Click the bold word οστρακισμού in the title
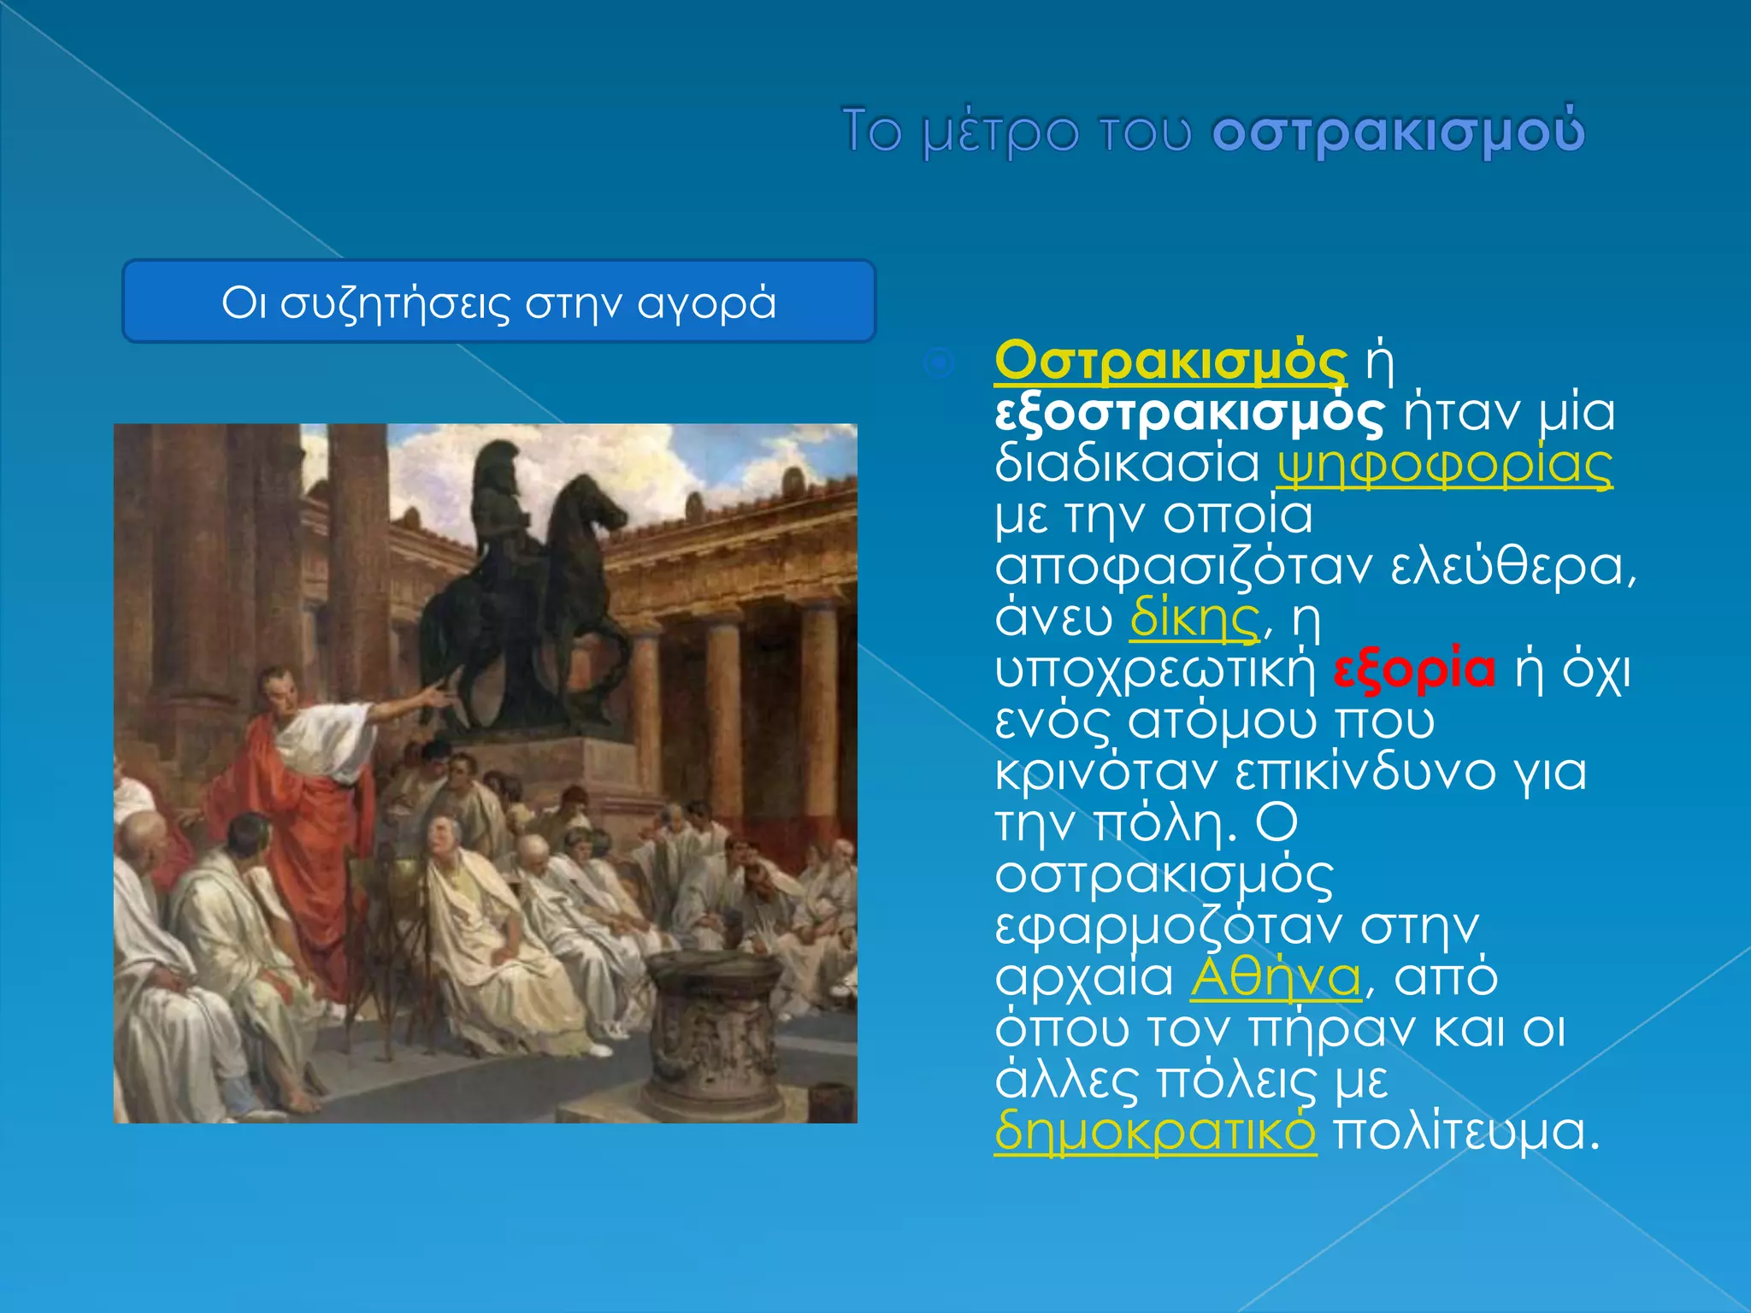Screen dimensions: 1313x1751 coord(1399,132)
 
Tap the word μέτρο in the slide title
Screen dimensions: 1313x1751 coord(1000,132)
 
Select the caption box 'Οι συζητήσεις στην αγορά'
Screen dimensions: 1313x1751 coord(498,302)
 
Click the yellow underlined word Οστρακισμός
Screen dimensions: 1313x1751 coord(1170,362)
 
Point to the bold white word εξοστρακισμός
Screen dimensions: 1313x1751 coord(1188,414)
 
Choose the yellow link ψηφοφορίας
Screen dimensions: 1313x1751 coord(1444,465)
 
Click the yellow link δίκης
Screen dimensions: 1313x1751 coord(1194,619)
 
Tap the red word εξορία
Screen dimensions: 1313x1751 coord(1415,669)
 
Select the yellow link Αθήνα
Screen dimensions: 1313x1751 coord(1276,977)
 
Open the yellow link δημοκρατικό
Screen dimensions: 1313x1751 coord(1155,1132)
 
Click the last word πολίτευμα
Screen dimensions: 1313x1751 coord(1465,1132)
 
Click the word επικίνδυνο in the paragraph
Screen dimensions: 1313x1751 coord(1365,773)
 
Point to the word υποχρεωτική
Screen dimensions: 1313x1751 coord(1155,670)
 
